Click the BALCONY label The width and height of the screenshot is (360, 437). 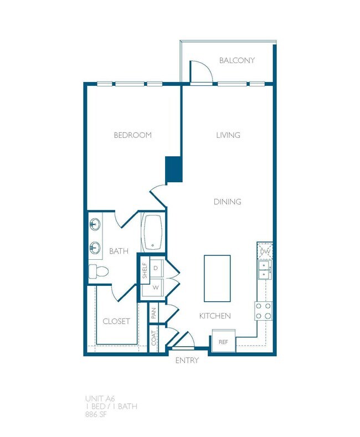236,60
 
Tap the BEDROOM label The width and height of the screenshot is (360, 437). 132,135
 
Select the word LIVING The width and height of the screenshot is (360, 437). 228,135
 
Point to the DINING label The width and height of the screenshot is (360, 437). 228,202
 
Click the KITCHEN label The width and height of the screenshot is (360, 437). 215,316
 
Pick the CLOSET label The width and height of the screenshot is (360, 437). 116,321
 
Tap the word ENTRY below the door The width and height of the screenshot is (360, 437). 187,361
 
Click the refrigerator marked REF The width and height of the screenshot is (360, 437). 223,342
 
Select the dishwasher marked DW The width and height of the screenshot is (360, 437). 265,252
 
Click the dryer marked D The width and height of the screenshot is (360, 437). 156,268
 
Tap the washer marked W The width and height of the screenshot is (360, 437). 156,287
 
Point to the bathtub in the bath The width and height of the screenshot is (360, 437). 151,233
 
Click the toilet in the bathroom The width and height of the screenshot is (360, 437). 98,271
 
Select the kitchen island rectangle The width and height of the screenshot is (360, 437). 217,275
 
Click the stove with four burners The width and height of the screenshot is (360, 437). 264,311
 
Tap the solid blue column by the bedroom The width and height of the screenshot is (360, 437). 173,169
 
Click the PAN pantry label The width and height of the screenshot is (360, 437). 154,315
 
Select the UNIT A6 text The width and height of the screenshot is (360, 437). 100,398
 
